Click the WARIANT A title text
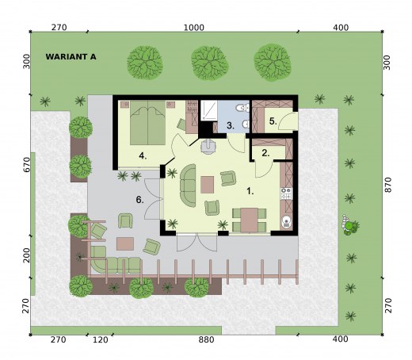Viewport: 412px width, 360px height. (x=71, y=57)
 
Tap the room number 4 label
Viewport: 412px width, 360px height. (x=143, y=156)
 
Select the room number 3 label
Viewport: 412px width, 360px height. (x=231, y=125)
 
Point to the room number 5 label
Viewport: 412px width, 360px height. (x=273, y=121)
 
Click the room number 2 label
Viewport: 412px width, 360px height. (x=265, y=153)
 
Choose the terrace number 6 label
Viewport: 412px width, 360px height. (x=139, y=200)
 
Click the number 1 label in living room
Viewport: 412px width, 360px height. (x=250, y=191)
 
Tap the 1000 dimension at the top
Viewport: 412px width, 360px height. (x=194, y=28)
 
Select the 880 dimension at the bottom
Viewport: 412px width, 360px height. (x=206, y=339)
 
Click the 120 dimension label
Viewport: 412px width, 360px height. (x=101, y=339)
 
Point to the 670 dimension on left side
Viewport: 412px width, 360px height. (x=26, y=165)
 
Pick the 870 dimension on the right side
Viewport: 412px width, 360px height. (x=387, y=185)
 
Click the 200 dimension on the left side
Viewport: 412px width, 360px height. (x=26, y=255)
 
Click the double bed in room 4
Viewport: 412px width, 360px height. (x=147, y=123)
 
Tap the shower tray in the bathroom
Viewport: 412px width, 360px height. (x=208, y=110)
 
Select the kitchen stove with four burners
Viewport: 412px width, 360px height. (x=286, y=193)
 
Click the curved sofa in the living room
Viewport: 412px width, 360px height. (x=188, y=186)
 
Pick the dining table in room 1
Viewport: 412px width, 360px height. (x=250, y=220)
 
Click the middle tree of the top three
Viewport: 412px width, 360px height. (x=210, y=63)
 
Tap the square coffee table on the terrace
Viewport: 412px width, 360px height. (x=125, y=243)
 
